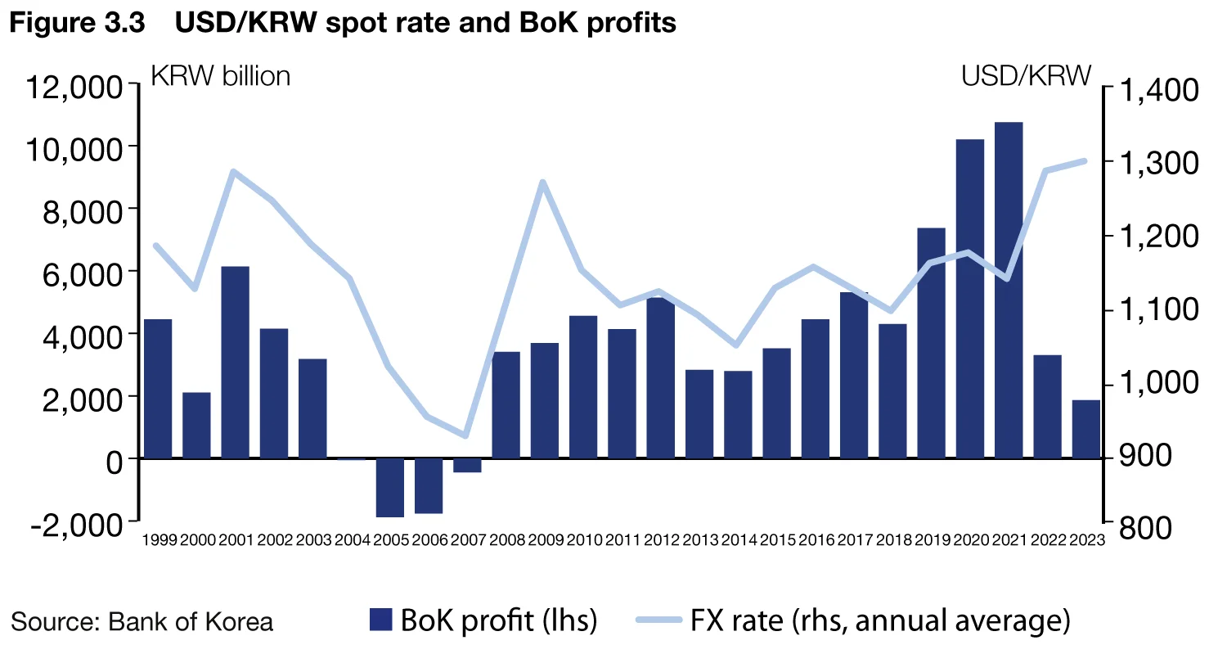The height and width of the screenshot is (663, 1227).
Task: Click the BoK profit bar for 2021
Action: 1009,290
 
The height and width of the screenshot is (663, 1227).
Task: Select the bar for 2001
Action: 235,362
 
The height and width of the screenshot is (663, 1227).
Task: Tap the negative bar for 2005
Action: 390,488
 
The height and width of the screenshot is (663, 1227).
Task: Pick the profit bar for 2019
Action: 932,343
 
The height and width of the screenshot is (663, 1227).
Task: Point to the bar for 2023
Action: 1086,429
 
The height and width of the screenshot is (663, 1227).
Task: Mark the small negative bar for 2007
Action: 468,466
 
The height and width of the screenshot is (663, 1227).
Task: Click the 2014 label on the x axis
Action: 739,540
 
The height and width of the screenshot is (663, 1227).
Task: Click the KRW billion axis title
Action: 221,76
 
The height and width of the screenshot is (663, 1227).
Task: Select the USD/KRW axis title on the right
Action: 1026,76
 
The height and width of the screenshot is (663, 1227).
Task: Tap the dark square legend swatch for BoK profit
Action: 381,620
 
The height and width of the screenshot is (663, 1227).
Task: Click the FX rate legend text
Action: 879,620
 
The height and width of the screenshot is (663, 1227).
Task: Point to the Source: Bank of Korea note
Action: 142,621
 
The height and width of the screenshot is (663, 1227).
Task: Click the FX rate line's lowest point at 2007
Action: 465,435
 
